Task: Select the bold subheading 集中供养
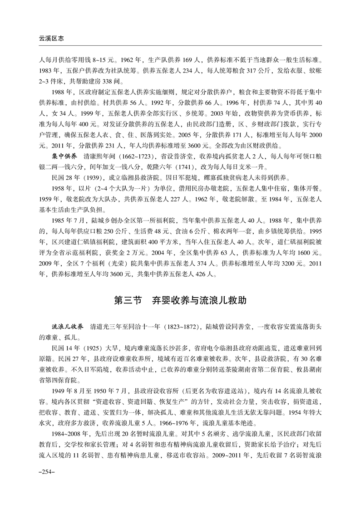[64, 156]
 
